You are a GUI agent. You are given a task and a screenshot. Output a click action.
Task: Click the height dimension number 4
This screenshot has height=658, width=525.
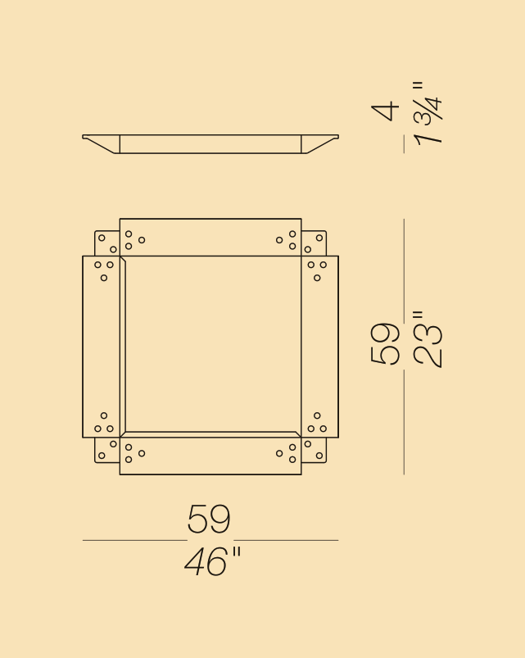tap(385, 111)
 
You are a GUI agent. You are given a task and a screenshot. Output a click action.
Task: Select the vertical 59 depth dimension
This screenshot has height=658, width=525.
tap(385, 343)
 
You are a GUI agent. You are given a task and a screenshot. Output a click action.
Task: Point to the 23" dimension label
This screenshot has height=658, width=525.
tap(428, 339)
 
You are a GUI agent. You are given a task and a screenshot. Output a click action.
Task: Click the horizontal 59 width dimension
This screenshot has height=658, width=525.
tap(209, 520)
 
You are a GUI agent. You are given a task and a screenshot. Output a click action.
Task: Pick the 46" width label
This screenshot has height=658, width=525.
tap(212, 562)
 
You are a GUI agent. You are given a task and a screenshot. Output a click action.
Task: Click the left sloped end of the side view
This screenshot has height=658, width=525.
tap(102, 143)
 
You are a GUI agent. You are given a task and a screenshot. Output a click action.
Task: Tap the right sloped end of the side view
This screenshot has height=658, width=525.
tap(319, 143)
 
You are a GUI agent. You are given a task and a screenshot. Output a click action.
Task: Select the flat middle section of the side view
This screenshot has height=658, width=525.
tap(210, 144)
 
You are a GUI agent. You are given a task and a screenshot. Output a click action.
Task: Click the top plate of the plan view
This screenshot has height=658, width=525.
tap(210, 238)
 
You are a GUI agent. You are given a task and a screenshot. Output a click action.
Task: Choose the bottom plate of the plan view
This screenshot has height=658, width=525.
tap(210, 456)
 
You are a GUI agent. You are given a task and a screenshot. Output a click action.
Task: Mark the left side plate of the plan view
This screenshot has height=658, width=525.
tap(102, 347)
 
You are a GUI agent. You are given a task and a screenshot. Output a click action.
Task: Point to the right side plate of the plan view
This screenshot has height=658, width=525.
tap(319, 347)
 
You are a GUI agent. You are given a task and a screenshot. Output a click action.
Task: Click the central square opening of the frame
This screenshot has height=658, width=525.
tap(210, 345)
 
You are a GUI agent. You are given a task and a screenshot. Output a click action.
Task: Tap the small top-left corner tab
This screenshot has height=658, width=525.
tap(107, 243)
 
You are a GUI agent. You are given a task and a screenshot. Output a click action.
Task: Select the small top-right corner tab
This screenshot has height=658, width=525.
tap(314, 243)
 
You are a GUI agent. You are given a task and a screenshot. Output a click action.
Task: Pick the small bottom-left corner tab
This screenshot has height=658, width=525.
tap(107, 450)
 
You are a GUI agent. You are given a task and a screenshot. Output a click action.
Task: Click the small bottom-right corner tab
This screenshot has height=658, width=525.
tap(314, 450)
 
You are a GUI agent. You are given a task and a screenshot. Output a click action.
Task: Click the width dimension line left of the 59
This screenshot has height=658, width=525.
tap(134, 540)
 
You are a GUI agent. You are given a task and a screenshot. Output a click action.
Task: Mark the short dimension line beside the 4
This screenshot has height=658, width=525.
tap(404, 144)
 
